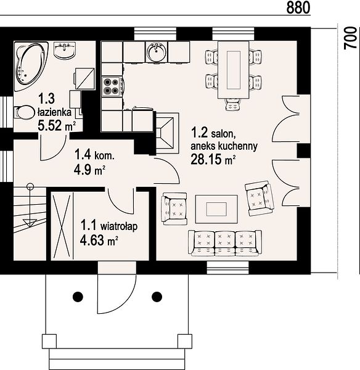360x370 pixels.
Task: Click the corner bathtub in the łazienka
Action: click(31, 66)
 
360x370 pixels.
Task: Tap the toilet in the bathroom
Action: click(23, 113)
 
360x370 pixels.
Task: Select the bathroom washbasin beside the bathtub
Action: click(64, 50)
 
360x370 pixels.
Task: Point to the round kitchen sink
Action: click(156, 52)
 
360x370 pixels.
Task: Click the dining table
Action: click(234, 70)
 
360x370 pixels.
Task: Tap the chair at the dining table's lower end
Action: click(233, 105)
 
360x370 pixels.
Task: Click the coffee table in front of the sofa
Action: click(216, 209)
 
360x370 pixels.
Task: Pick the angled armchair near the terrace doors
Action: click(260, 198)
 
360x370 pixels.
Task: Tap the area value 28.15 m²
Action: click(213, 159)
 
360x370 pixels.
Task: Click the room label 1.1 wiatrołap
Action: click(109, 225)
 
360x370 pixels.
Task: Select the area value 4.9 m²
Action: click(89, 170)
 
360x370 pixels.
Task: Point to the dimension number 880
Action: click(298, 7)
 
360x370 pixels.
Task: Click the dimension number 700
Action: click(351, 38)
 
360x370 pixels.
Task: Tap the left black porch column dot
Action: click(78, 297)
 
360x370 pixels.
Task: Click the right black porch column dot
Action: click(157, 297)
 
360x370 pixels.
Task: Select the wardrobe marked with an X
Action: click(62, 226)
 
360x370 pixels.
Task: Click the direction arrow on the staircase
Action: click(30, 205)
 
